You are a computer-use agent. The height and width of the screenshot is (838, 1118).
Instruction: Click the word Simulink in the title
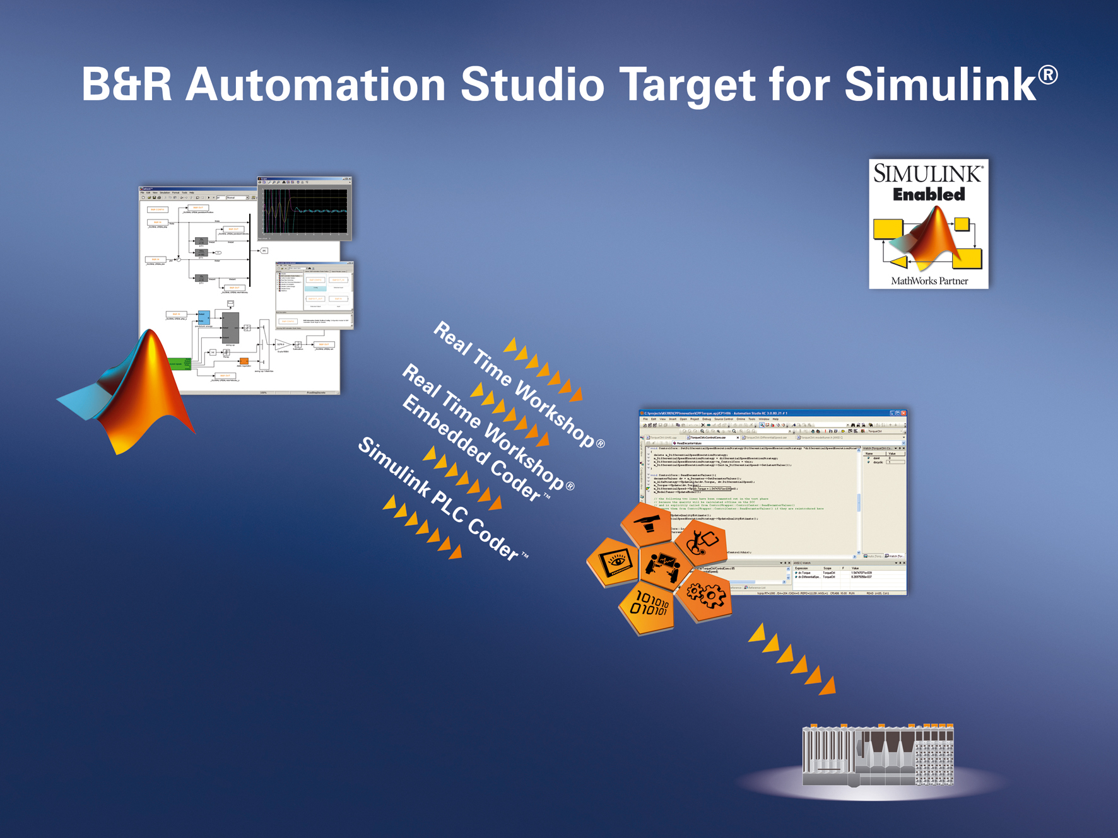coord(940,84)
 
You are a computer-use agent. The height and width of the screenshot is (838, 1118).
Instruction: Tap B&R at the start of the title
coord(126,84)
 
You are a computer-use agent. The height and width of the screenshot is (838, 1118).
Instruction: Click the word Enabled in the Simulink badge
coord(929,195)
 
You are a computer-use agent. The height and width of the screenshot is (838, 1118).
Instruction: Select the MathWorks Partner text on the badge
coord(929,281)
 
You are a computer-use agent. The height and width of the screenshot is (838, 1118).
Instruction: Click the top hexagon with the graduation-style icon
coord(647,522)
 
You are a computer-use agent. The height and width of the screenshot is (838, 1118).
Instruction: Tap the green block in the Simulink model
coord(179,364)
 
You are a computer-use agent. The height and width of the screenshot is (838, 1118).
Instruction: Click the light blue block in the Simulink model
coord(203,317)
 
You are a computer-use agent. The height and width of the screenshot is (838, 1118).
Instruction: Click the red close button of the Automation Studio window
coord(903,413)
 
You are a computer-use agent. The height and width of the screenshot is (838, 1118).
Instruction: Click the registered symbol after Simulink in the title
coord(1048,74)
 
